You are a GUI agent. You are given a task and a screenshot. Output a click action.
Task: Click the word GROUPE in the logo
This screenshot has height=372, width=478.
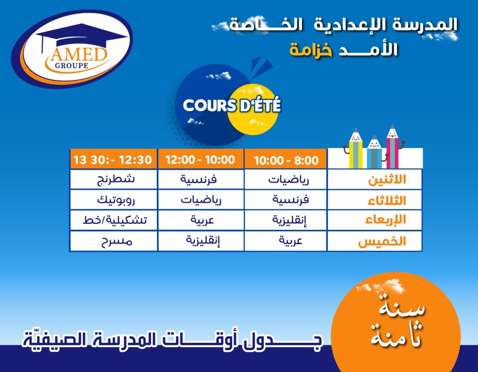point(71,65)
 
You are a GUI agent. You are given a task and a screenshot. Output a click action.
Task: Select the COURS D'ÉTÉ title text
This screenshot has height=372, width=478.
point(232,106)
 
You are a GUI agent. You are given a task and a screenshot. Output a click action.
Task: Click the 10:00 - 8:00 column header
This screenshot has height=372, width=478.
point(286,160)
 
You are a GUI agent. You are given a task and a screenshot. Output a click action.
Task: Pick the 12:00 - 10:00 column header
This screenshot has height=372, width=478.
point(200,160)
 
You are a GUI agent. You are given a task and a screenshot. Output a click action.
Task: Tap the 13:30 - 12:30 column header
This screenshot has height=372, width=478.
point(113,160)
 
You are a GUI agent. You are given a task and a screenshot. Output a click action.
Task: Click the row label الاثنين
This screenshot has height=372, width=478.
point(387,179)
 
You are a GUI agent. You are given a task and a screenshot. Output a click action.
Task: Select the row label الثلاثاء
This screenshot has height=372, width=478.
point(387,200)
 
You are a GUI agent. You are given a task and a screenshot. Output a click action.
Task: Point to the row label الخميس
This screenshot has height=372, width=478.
point(382,242)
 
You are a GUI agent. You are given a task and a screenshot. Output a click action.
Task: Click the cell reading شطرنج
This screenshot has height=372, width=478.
point(116,179)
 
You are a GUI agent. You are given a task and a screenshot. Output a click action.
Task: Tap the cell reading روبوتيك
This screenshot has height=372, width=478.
point(116,200)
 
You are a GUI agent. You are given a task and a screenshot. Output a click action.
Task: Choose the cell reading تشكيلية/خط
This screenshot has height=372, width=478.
point(115,220)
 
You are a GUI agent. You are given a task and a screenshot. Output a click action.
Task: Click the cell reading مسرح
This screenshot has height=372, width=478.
point(117,241)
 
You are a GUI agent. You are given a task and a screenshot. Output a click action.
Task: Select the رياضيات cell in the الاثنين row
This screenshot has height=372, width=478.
point(288,179)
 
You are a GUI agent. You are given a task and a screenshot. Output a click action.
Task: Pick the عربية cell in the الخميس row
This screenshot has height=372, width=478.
point(290,241)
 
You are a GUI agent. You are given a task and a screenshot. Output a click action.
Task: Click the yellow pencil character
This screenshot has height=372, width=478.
point(355,149)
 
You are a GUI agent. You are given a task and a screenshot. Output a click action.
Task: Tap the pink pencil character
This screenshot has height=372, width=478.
point(393,146)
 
